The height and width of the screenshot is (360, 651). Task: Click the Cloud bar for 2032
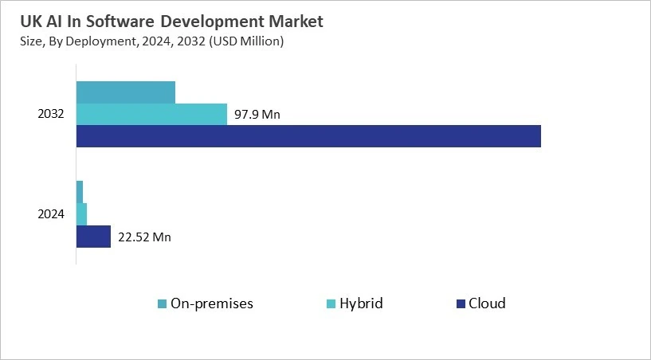308,136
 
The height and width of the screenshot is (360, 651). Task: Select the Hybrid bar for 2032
151,115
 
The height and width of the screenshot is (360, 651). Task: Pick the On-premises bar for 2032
125,92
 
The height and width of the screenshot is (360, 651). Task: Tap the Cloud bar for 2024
93,237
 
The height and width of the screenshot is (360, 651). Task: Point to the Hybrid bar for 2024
81,214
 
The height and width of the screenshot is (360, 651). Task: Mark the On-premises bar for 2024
80,192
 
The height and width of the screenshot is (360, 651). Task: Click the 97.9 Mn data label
257,115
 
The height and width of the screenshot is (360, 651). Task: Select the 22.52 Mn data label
144,237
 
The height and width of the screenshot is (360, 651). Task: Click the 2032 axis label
51,115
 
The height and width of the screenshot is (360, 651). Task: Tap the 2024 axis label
51,214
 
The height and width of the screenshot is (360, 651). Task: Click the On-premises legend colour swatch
163,303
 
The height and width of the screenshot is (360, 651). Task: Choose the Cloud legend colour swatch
460,303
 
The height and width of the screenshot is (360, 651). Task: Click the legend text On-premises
212,303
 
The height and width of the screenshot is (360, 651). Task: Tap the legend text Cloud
487,303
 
